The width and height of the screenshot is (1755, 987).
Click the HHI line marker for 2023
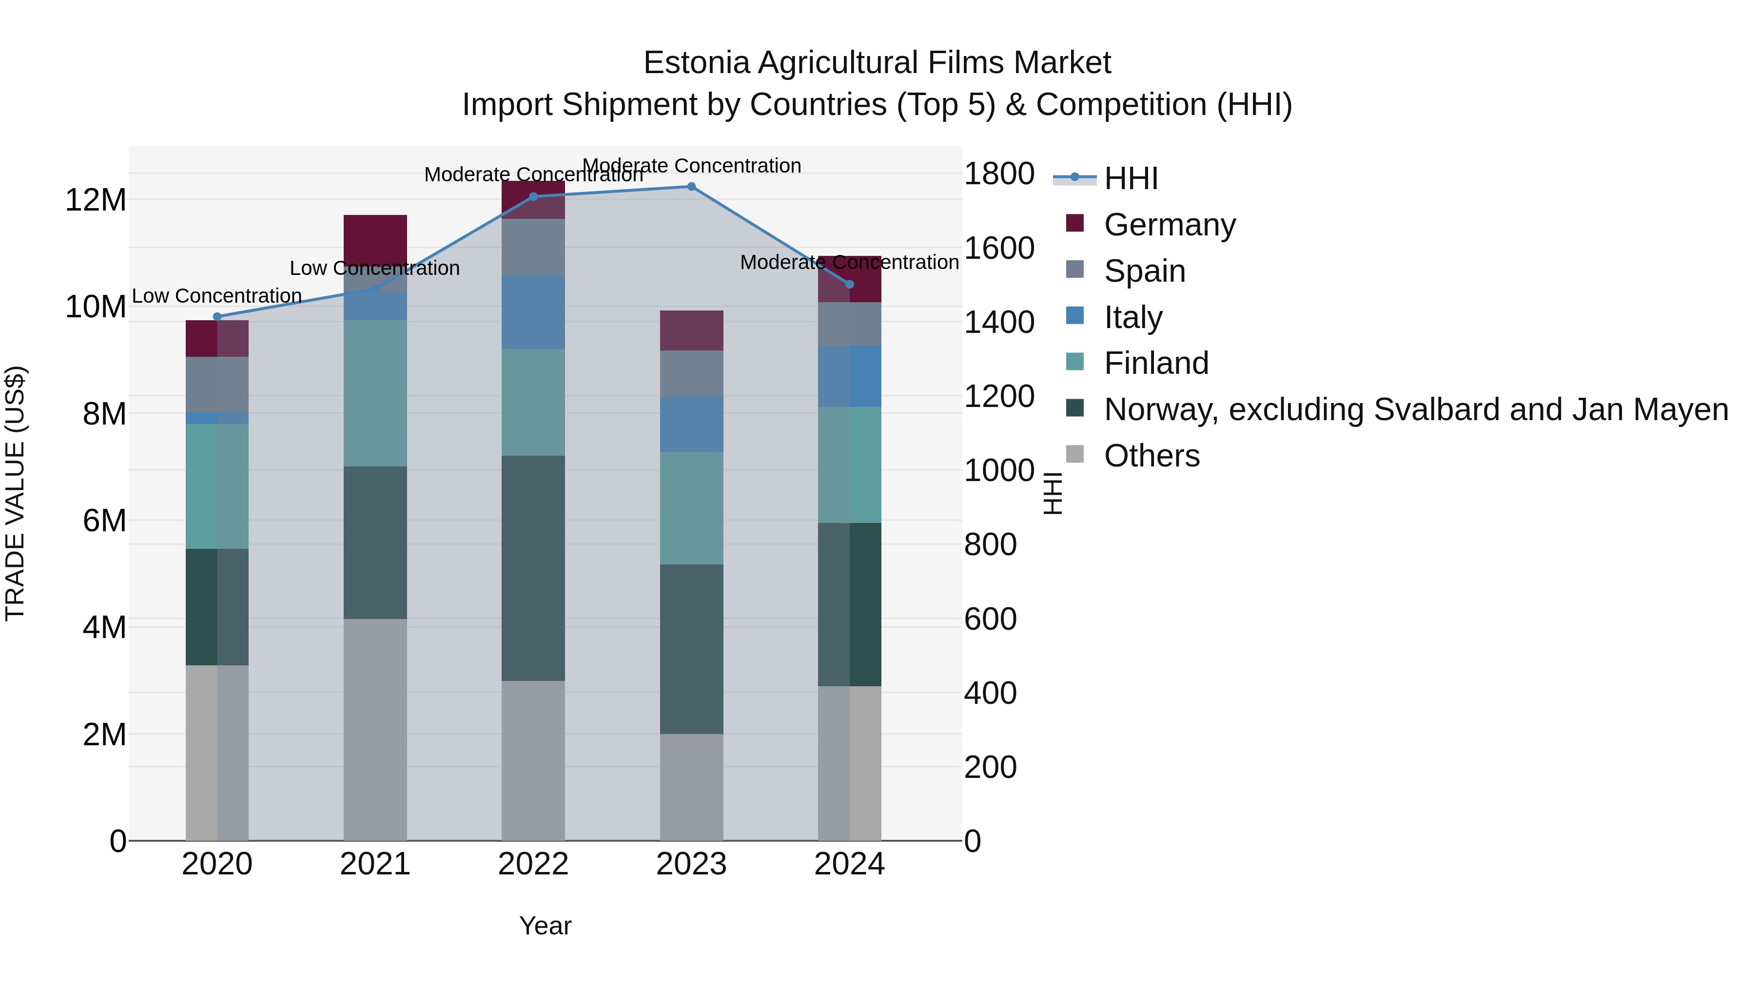(691, 187)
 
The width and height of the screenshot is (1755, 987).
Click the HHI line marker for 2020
(217, 317)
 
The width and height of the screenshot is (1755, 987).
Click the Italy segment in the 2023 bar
(691, 425)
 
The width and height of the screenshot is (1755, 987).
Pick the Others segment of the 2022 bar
(533, 760)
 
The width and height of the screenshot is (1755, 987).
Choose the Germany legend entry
(1169, 225)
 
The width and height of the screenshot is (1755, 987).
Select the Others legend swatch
(1074, 454)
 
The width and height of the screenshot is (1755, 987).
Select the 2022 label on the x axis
(533, 864)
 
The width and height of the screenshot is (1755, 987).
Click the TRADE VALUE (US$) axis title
(15, 493)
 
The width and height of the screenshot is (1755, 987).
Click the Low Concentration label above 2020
(216, 296)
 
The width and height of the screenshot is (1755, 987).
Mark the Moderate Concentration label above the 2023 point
(691, 166)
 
